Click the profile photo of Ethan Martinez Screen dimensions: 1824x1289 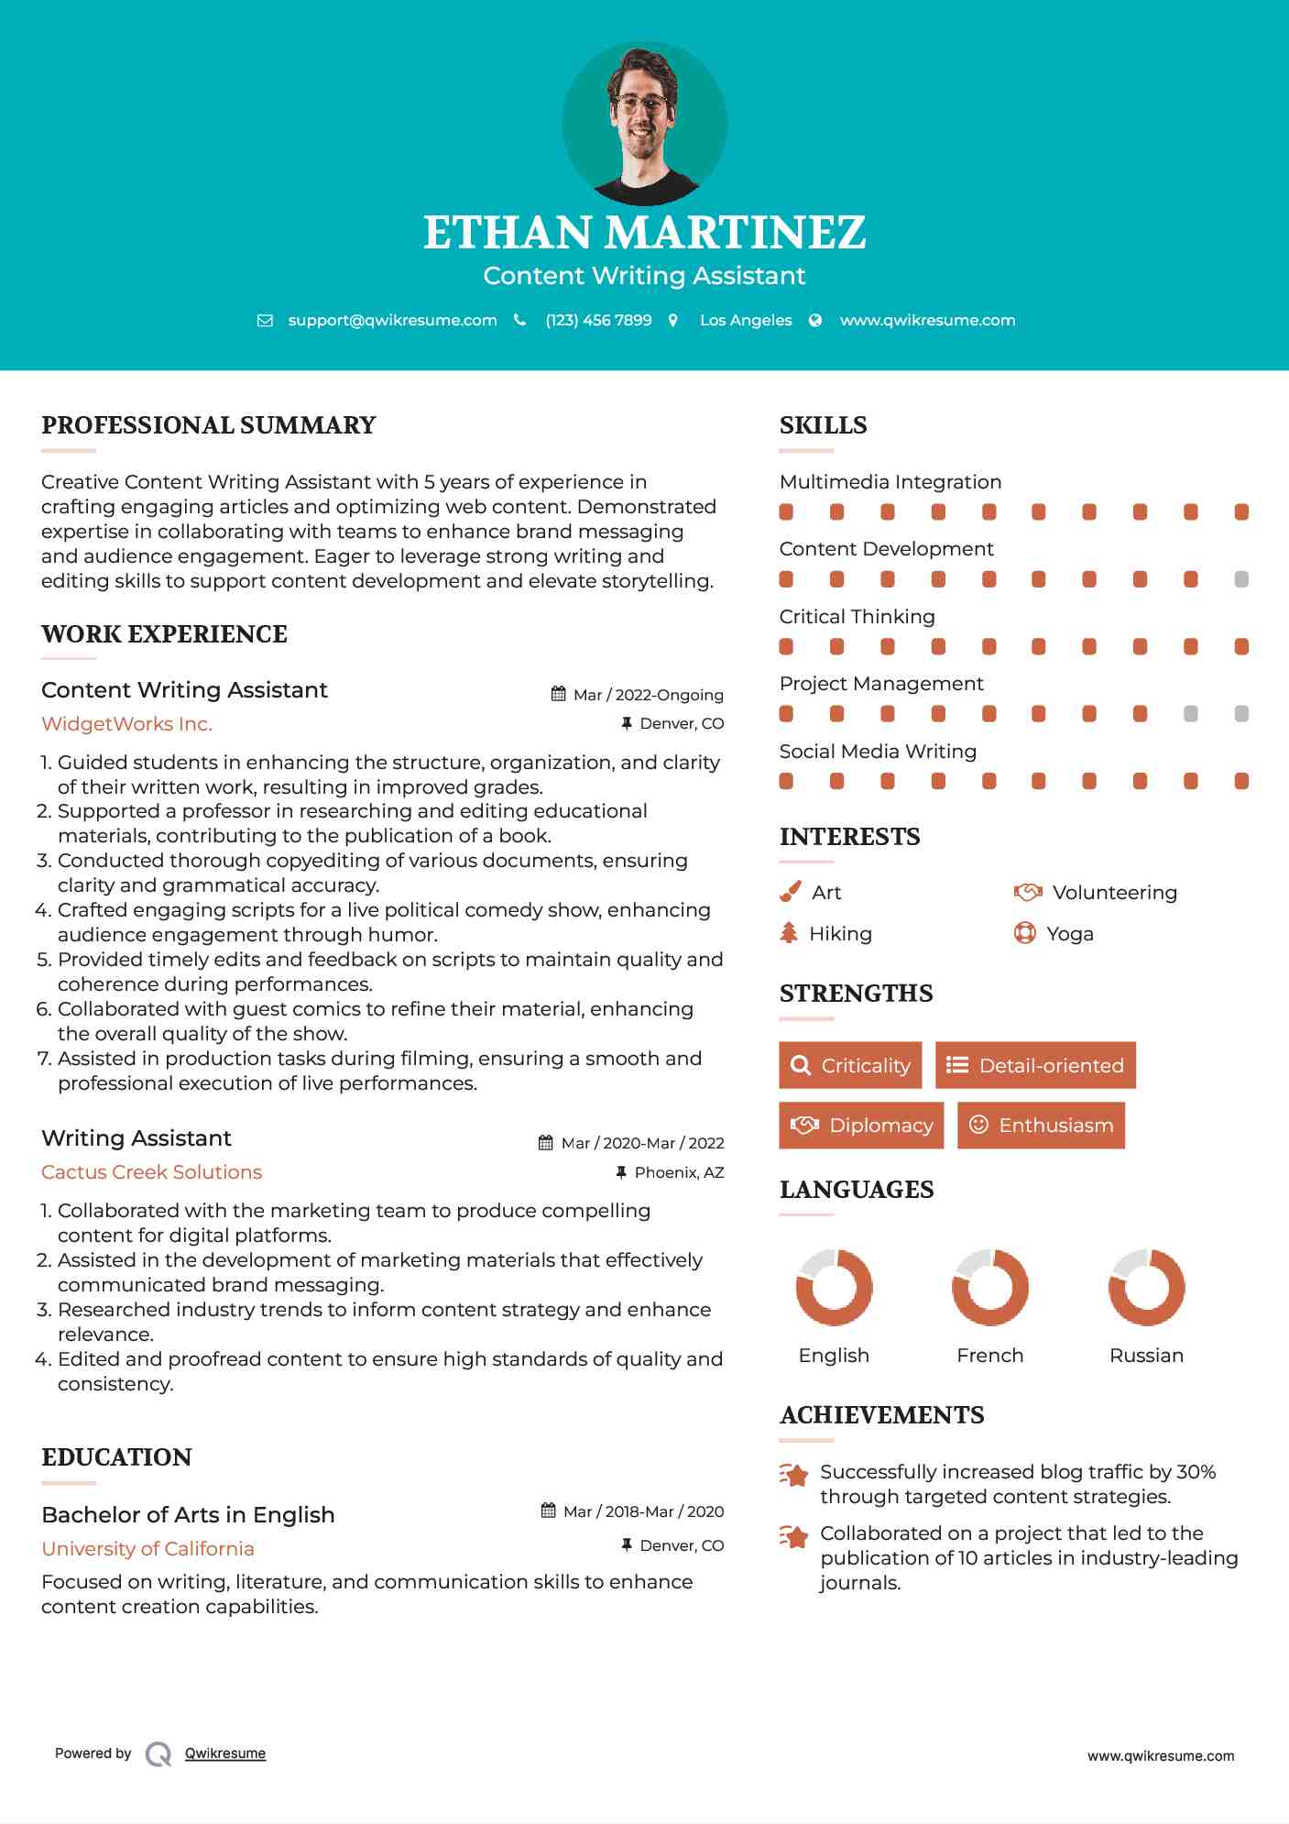[644, 123]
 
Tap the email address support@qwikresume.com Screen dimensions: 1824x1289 [392, 320]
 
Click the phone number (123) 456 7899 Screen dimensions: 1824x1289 [598, 320]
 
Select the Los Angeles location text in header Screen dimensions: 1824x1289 [746, 320]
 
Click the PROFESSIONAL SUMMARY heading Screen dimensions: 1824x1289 [209, 425]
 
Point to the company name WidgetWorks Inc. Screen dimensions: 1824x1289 [126, 724]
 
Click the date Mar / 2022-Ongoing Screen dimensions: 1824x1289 [648, 695]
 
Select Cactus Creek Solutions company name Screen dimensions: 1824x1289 [151, 1172]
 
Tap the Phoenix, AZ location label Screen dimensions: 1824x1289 [679, 1172]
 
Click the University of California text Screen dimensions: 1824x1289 [147, 1549]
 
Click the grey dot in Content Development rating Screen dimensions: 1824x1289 [1241, 579]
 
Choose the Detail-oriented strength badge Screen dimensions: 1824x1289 [1035, 1065]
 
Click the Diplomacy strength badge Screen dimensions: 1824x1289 [861, 1126]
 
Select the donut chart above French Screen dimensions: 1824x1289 [989, 1287]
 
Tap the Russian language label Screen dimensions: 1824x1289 [1146, 1356]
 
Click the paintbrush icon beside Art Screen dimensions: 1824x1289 [790, 892]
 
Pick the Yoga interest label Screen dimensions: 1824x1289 [1070, 934]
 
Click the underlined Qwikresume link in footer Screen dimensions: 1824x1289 [225, 1753]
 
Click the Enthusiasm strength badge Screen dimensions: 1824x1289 [1041, 1126]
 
